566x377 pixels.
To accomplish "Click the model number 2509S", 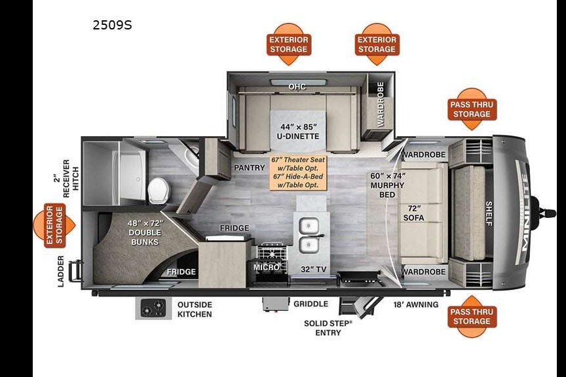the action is [112, 25].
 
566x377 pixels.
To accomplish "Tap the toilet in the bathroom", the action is [158, 190].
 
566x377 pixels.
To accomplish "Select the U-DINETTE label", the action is [298, 136].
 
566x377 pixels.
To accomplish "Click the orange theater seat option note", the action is [299, 172].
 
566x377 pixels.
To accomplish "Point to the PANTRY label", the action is [250, 168].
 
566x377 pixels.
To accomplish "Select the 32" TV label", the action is [314, 269].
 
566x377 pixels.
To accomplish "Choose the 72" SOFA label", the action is [414, 213].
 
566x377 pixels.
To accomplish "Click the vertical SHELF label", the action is [489, 213].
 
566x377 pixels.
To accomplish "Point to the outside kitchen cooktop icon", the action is [153, 308].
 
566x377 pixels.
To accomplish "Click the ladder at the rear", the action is [76, 270].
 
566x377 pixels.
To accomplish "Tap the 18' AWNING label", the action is [416, 304].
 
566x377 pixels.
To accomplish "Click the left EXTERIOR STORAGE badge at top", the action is [288, 45].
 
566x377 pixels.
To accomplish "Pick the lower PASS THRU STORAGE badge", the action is [472, 316].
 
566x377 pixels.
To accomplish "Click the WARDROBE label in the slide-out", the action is [380, 104].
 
